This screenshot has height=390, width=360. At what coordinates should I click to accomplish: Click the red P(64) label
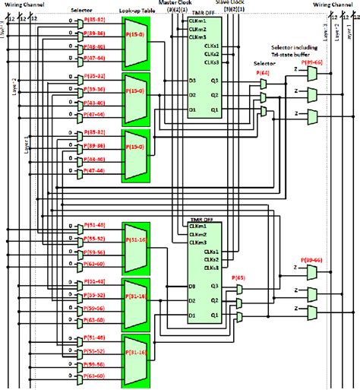point(263,72)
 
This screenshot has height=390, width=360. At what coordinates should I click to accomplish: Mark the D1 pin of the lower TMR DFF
point(192,315)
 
